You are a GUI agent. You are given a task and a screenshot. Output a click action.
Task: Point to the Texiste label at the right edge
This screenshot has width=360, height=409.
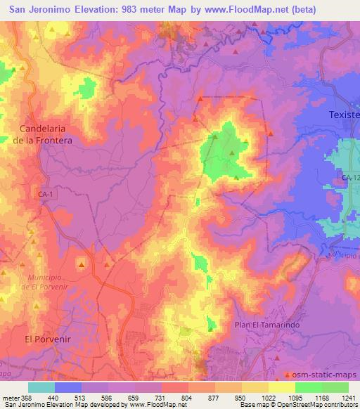(345, 114)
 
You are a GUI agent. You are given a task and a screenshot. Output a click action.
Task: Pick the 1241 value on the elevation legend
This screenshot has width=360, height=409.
(348, 398)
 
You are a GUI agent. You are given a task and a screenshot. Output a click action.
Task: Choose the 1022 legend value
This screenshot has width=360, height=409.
(269, 398)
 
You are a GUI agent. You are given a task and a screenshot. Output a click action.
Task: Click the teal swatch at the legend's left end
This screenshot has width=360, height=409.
(41, 387)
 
